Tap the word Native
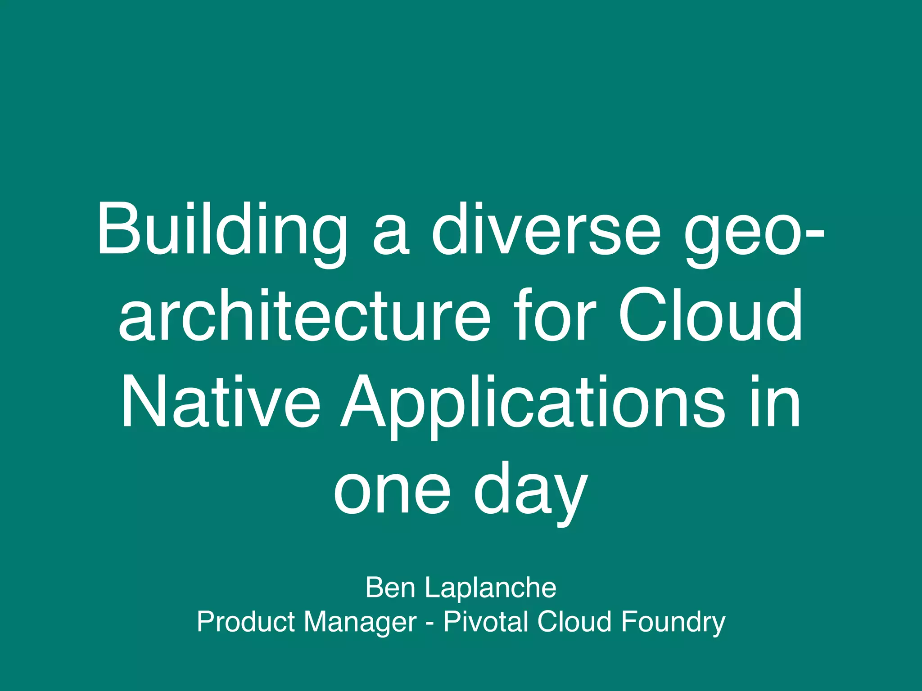click(x=220, y=401)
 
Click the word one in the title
click(x=392, y=488)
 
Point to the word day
click(x=531, y=490)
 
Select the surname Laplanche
click(x=491, y=588)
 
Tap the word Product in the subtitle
click(x=245, y=622)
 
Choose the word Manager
click(x=360, y=623)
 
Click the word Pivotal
click(x=486, y=622)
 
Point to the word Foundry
click(x=673, y=623)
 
